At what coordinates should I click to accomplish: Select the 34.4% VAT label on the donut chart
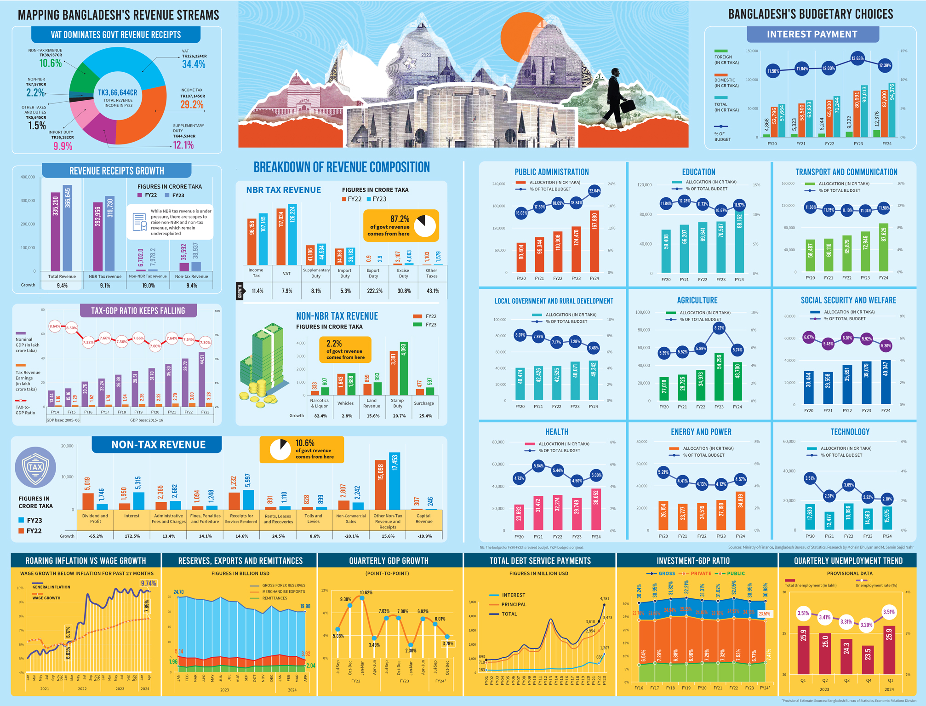pos(194,64)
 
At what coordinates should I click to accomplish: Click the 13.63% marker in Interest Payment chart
pos(857,58)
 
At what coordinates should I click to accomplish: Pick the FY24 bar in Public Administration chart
pos(594,241)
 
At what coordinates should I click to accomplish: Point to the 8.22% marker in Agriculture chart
pos(719,328)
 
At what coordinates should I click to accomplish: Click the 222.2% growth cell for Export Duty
pos(375,291)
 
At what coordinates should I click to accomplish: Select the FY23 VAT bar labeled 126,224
pos(292,235)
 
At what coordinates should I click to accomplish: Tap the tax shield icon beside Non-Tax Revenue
pos(35,467)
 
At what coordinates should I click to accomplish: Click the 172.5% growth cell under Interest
pos(132,536)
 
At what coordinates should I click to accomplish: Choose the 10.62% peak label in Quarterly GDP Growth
pos(366,592)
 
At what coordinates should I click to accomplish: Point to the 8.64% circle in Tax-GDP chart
pos(55,326)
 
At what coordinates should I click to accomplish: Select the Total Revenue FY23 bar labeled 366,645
pos(68,228)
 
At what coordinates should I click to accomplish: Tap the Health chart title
pos(557,432)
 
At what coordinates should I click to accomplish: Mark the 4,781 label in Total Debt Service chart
pos(605,598)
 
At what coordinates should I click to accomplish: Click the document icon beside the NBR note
pos(139,222)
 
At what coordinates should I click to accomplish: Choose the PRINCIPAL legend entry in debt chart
pos(514,604)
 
